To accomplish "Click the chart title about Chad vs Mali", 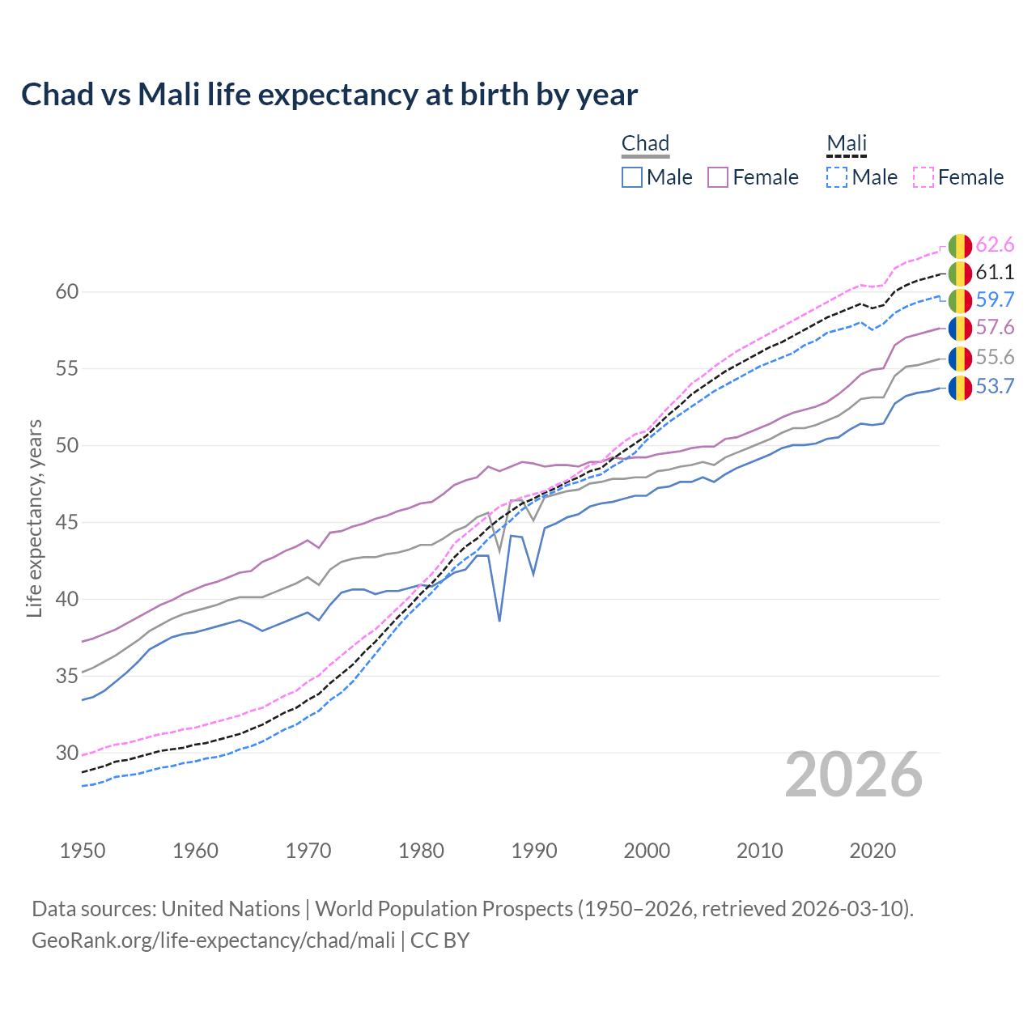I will tap(329, 95).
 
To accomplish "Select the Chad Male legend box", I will tap(632, 177).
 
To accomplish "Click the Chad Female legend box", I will tap(718, 177).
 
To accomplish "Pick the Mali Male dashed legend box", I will tap(837, 177).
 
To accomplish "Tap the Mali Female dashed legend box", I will tap(923, 177).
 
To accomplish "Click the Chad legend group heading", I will tap(645, 143).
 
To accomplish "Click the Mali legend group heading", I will tap(847, 143).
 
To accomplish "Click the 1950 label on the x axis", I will tap(83, 851).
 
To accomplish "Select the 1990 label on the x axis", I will tap(534, 851).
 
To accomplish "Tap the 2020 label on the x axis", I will tap(873, 851).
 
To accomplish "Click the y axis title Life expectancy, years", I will tap(34, 518).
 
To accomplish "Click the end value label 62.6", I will tap(995, 245).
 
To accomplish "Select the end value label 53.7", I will tap(995, 387).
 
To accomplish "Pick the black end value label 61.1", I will tap(995, 273).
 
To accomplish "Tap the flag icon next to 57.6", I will tap(960, 328).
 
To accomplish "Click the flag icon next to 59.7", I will tap(960, 300).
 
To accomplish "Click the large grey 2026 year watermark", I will tap(854, 775).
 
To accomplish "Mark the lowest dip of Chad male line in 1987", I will tap(499, 621).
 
